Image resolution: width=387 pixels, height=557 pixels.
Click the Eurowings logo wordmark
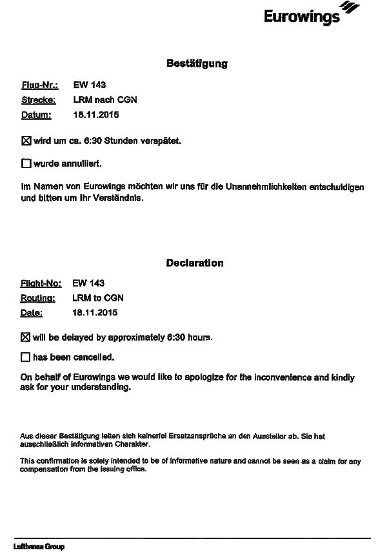301,15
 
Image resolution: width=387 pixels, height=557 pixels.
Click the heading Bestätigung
197,64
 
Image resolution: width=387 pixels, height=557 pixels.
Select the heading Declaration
195,263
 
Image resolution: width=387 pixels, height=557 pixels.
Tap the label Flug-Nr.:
40,85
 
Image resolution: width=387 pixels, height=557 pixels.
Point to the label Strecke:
39,100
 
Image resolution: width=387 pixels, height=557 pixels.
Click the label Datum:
36,115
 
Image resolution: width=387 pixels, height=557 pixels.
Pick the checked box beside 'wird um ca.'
26,140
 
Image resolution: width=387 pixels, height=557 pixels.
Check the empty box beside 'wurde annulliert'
26,164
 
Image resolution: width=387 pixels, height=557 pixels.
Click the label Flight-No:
41,283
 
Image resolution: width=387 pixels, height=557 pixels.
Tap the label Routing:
38,298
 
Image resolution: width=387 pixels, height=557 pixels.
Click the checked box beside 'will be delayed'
26,337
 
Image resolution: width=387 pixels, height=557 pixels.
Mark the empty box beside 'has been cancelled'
26,357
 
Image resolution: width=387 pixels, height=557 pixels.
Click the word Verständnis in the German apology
118,198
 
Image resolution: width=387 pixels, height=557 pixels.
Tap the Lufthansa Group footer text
39,547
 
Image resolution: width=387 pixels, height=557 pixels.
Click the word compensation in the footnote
42,469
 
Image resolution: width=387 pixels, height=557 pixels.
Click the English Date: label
32,314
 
